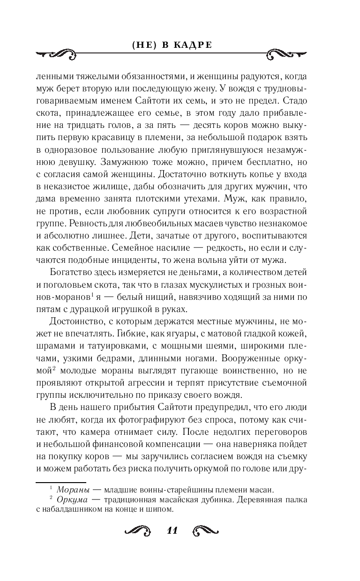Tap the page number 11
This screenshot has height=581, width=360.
click(x=172, y=530)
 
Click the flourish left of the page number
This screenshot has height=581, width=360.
click(x=136, y=531)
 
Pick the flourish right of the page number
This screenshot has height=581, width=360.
click(x=207, y=531)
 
